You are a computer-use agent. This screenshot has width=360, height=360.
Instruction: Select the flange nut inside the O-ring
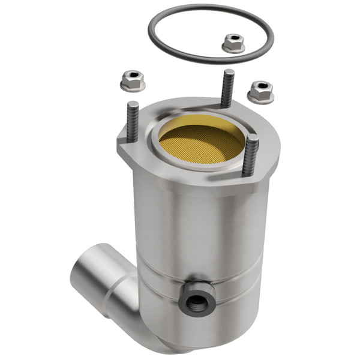[233, 43]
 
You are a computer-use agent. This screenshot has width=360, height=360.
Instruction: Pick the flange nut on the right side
[260, 91]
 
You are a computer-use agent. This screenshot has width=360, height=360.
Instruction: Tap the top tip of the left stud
[133, 105]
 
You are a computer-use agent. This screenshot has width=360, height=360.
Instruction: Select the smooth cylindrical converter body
[198, 228]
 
